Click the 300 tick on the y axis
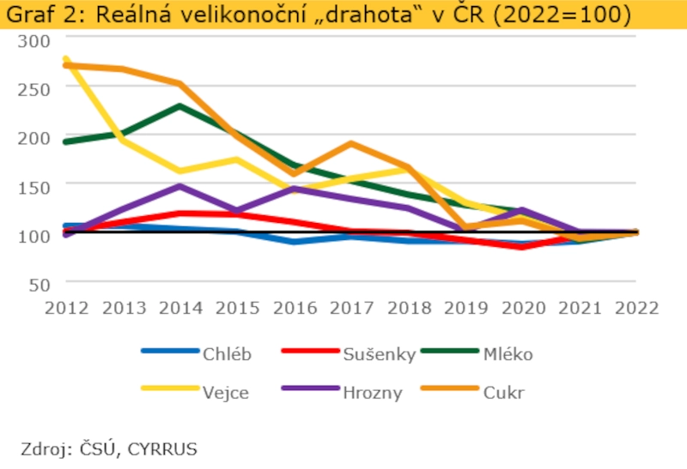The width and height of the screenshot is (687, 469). coord(33,40)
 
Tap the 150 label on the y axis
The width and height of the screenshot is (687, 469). coord(33,185)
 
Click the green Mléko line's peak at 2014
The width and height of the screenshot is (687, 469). coord(179,106)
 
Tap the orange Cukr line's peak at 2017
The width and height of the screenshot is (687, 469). coord(350,143)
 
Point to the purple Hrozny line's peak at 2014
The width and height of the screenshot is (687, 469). coord(179,186)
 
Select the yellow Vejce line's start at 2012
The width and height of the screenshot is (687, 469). coord(66,60)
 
